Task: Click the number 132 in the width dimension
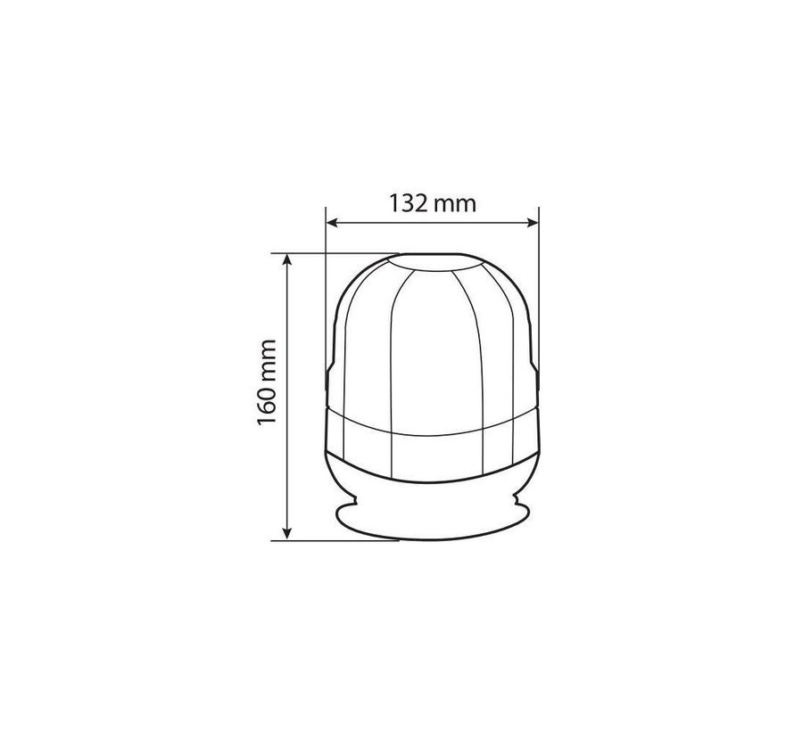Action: point(409,203)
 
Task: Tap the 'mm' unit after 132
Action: point(455,204)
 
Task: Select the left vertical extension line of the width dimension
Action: point(326,267)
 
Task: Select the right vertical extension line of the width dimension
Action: point(539,267)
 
